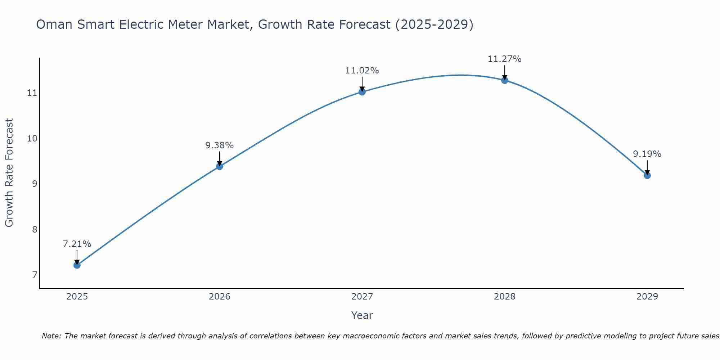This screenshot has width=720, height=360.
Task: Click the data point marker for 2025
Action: [x=77, y=265]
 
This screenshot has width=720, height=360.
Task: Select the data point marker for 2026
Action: [x=220, y=166]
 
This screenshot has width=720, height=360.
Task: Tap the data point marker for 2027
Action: [x=362, y=92]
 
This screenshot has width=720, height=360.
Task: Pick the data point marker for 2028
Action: [x=505, y=80]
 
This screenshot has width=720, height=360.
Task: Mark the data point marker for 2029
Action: [x=647, y=175]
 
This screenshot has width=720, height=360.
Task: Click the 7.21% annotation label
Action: [x=77, y=244]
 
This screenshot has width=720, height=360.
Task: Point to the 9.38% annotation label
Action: [x=220, y=145]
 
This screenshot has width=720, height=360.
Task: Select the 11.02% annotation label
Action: [x=362, y=71]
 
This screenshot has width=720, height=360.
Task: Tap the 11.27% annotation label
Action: [x=505, y=59]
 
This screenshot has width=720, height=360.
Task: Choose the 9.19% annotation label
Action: [x=647, y=154]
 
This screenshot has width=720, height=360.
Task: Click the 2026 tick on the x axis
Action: [x=220, y=297]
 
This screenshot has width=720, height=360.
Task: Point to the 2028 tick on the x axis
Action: [x=505, y=297]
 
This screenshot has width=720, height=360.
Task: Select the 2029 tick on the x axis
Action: [x=647, y=297]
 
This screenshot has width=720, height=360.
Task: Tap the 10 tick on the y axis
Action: [x=32, y=139]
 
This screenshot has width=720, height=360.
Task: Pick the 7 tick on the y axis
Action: [x=35, y=275]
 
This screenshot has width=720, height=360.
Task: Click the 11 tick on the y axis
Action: [x=32, y=93]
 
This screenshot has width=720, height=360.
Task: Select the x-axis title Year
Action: [x=362, y=315]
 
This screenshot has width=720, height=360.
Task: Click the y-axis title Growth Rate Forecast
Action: [x=9, y=173]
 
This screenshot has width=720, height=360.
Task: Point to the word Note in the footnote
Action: [x=51, y=336]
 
